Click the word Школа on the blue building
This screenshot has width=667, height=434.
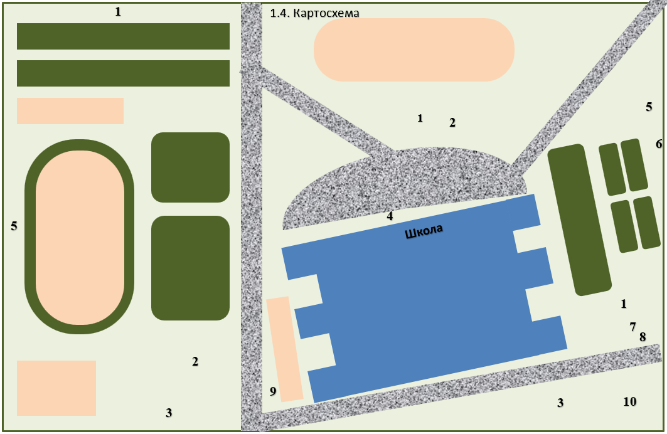coord(424,231)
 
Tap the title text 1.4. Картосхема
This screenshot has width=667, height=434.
coord(314,13)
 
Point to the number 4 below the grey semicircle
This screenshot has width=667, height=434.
coord(390,216)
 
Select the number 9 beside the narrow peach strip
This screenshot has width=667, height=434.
coord(273,391)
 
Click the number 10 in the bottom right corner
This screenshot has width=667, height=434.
coord(630,401)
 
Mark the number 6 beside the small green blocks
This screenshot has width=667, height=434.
coord(659,144)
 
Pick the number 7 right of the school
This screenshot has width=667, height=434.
coord(633,327)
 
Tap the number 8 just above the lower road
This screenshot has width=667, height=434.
coord(643,337)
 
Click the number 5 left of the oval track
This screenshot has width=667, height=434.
coord(14,226)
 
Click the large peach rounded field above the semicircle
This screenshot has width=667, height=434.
coord(414,50)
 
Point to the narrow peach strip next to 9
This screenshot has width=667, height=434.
coord(285,349)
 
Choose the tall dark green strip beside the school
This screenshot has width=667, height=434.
coord(579,220)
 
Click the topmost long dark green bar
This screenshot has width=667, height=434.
coord(124,36)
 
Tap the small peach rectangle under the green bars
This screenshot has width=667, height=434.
coord(70,111)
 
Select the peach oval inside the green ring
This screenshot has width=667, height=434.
coord(80,237)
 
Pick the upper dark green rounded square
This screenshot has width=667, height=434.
coord(191,167)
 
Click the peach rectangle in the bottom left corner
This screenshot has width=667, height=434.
coord(56,388)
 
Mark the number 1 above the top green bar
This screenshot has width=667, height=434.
coord(118,12)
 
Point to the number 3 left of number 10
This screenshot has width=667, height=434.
coord(561,403)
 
